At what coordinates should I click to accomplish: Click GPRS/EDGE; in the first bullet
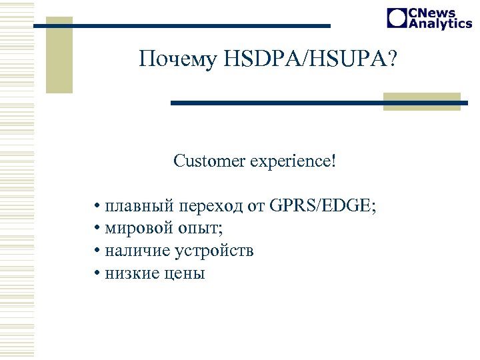pyautogui.click(x=323, y=206)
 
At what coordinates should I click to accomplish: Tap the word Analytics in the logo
pyautogui.click(x=440, y=23)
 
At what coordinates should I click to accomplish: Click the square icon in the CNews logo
pyautogui.click(x=397, y=18)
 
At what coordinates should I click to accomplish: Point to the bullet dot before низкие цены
pyautogui.click(x=97, y=273)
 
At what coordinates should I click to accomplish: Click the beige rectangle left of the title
pyautogui.click(x=59, y=55)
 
